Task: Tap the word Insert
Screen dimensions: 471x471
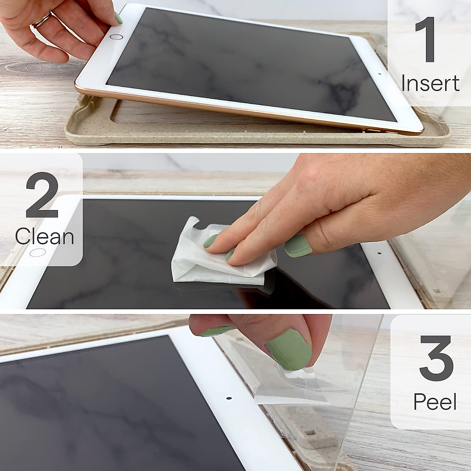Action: tap(430, 83)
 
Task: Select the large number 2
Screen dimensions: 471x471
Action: tap(42, 195)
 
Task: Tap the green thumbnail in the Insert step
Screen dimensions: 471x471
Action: tap(118, 18)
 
